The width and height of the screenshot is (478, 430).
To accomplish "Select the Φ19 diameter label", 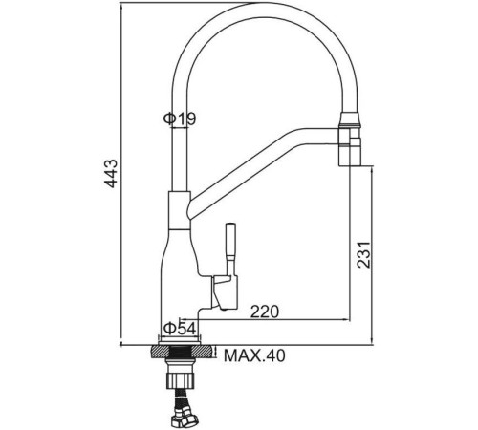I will (x=180, y=118).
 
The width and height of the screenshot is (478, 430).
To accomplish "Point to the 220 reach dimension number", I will (x=267, y=311).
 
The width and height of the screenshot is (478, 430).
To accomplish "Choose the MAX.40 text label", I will (x=254, y=356).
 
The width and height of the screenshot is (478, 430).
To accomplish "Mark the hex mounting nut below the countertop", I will (x=182, y=368).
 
